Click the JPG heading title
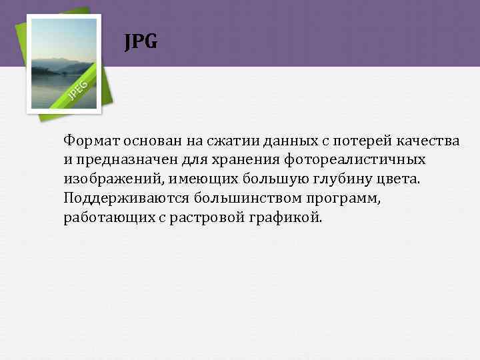point(141,43)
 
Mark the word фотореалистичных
point(355,161)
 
